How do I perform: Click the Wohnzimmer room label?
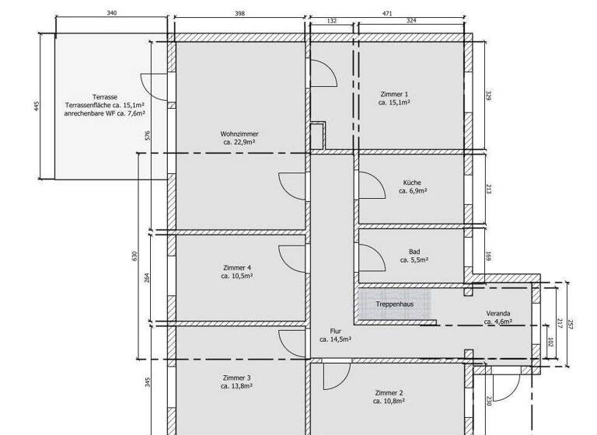[x=239, y=134]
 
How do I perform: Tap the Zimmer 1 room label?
[x=394, y=93]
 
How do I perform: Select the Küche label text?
[x=412, y=182]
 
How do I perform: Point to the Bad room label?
[x=414, y=251]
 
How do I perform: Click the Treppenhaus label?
[x=394, y=304]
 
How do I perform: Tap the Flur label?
[x=335, y=331]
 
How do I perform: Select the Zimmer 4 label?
[x=237, y=267]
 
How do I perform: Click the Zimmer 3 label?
[x=236, y=378]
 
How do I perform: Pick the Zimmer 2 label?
[x=389, y=393]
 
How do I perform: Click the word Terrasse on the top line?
[x=105, y=96]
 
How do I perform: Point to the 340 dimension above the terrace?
[x=112, y=13]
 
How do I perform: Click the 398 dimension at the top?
[x=239, y=13]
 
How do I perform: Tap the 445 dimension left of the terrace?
[x=36, y=106]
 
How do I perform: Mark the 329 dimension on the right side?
[x=487, y=96]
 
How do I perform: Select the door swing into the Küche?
[x=371, y=184]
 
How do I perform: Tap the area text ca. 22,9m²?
[x=239, y=142]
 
